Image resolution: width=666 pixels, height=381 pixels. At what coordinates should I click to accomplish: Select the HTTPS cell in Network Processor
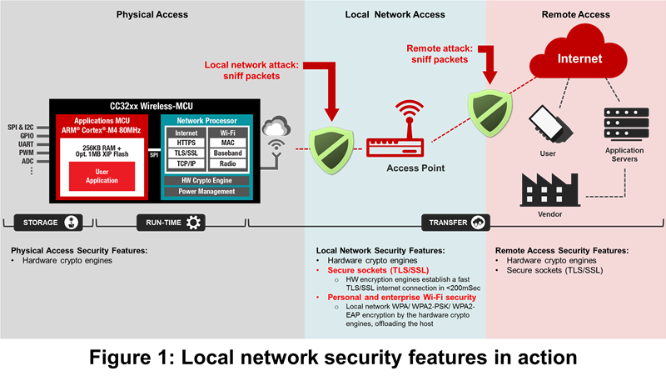click(x=186, y=143)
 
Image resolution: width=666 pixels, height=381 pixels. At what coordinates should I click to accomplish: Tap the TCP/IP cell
click(x=186, y=163)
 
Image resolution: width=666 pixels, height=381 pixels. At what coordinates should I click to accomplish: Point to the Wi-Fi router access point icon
click(x=409, y=133)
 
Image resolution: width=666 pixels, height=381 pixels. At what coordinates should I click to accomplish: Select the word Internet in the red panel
click(x=579, y=59)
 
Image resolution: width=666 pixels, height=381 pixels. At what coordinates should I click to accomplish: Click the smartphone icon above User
click(x=550, y=123)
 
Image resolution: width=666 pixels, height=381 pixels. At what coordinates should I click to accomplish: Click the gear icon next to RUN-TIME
click(x=194, y=223)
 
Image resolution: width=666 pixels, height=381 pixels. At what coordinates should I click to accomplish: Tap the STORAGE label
click(x=40, y=223)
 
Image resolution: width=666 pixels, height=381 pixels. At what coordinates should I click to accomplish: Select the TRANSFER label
click(x=449, y=223)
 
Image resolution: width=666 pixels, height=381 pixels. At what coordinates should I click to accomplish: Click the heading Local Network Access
click(x=395, y=15)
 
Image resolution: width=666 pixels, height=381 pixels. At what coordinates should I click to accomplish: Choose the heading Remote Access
click(x=575, y=15)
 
